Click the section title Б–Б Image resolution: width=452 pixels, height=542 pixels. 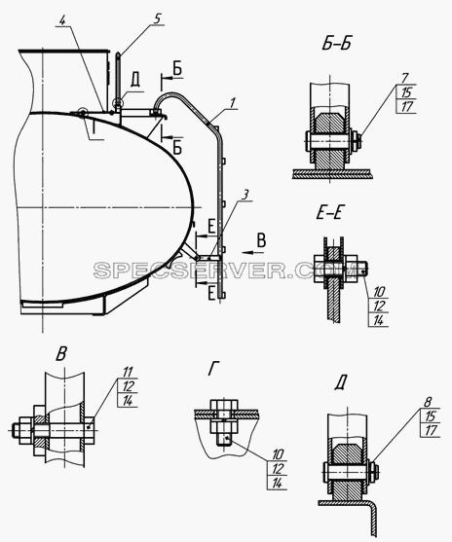(x=337, y=44)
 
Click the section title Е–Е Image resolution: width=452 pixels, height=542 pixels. (x=329, y=213)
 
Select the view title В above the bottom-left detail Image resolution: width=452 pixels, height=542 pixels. (x=61, y=353)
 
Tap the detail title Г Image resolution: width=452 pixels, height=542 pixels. (x=214, y=369)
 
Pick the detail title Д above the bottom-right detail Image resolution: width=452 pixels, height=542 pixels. (x=341, y=383)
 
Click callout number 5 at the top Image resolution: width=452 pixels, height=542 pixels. (x=157, y=19)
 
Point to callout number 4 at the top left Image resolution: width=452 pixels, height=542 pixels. (x=62, y=20)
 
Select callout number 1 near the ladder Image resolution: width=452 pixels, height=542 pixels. (x=233, y=103)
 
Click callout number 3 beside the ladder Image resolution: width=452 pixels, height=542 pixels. (x=245, y=195)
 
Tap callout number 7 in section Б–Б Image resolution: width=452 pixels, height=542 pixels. (x=405, y=78)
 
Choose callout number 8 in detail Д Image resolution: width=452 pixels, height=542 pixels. (x=428, y=402)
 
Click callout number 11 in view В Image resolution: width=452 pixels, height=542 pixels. (x=128, y=373)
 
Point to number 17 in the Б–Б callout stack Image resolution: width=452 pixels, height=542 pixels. (x=407, y=106)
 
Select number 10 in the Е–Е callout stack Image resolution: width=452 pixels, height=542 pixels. (x=379, y=292)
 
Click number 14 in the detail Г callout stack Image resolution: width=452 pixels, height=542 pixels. (x=277, y=484)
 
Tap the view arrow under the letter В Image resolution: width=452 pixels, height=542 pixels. (x=252, y=253)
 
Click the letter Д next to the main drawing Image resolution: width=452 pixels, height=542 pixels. (x=135, y=81)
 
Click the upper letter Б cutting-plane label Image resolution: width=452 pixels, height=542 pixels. (x=177, y=70)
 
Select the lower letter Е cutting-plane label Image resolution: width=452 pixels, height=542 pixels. (x=211, y=294)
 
